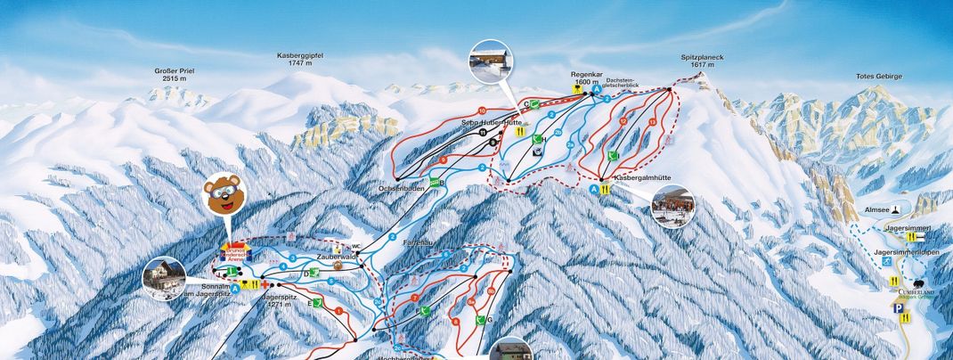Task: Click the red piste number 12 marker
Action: click(x=623, y=120)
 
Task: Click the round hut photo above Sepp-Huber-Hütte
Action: click(x=491, y=61)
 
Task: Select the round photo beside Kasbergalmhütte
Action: click(x=672, y=206)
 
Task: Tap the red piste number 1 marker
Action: click(x=338, y=310)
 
